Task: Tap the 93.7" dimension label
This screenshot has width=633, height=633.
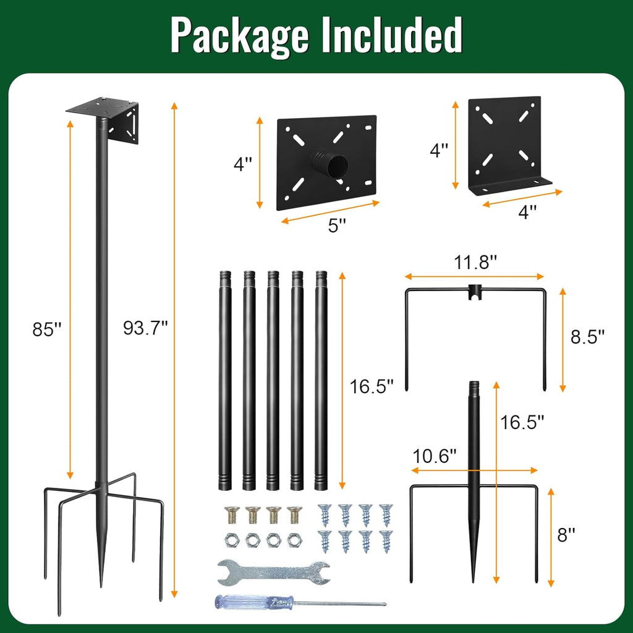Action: pyautogui.click(x=145, y=328)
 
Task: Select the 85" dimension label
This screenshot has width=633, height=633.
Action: pyautogui.click(x=47, y=329)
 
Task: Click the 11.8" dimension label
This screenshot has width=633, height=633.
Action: pyautogui.click(x=476, y=263)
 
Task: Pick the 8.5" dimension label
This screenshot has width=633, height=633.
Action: pyautogui.click(x=587, y=336)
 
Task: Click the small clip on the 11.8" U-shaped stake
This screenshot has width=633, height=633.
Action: pyautogui.click(x=474, y=292)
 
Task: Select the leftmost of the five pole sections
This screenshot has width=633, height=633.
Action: pyautogui.click(x=225, y=380)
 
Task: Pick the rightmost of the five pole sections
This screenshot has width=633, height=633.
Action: pyautogui.click(x=321, y=380)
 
